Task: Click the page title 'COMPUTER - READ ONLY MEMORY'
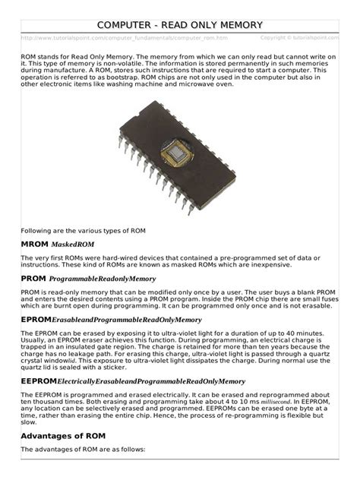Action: [180, 24]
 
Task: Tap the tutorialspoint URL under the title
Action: [125, 37]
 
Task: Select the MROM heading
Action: [34, 245]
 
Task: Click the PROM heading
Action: [34, 280]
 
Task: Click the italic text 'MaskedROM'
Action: [73, 245]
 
